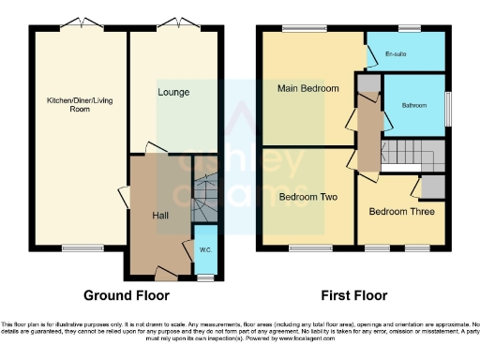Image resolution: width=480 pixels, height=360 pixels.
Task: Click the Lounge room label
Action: coord(174,93)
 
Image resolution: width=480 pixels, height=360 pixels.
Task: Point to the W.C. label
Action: coord(204,249)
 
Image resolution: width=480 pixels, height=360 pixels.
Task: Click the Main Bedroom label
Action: coord(307,89)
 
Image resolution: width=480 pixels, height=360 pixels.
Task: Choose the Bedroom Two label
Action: coord(307,198)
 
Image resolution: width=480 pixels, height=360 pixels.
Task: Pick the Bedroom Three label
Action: coord(400,212)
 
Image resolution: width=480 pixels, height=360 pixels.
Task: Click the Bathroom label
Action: coord(413,105)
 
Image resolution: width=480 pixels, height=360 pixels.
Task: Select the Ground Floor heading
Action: coord(127,295)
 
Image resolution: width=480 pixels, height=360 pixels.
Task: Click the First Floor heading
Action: coord(353,295)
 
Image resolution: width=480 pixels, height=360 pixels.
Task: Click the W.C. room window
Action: coord(204,278)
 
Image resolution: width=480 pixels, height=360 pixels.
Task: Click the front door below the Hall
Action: coord(163,277)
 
